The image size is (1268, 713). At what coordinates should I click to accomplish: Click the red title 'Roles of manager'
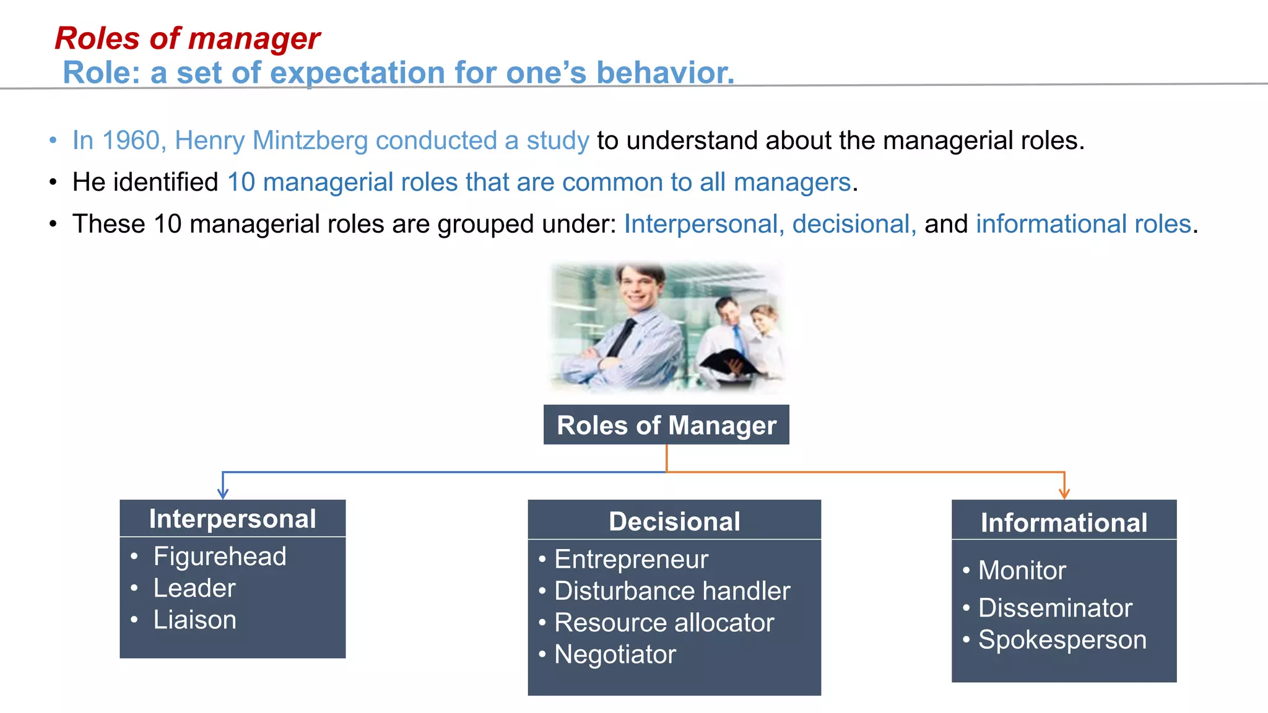click(187, 38)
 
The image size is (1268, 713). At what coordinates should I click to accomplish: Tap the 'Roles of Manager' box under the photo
click(666, 425)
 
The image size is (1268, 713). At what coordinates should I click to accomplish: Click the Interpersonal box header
click(232, 519)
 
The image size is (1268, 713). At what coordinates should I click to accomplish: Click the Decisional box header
click(674, 521)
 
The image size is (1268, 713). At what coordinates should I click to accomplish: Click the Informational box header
click(1063, 522)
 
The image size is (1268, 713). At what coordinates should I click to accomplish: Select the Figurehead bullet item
click(219, 556)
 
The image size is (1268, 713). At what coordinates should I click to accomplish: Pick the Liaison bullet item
click(194, 620)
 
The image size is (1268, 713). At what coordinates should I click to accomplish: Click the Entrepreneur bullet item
click(630, 559)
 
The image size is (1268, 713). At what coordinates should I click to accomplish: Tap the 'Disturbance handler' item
click(672, 590)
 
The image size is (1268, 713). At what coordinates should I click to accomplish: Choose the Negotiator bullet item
click(614, 654)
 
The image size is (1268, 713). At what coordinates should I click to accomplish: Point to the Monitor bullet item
click(1022, 570)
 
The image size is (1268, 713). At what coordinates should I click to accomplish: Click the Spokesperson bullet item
click(1062, 639)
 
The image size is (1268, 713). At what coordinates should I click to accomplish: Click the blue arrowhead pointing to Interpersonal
click(223, 494)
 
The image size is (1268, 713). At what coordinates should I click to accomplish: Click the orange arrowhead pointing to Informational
click(1064, 494)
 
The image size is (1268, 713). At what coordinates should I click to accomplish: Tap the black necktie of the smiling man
click(623, 337)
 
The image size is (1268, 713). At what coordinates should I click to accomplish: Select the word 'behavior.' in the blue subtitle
click(665, 72)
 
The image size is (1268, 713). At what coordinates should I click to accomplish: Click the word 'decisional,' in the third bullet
click(854, 224)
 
